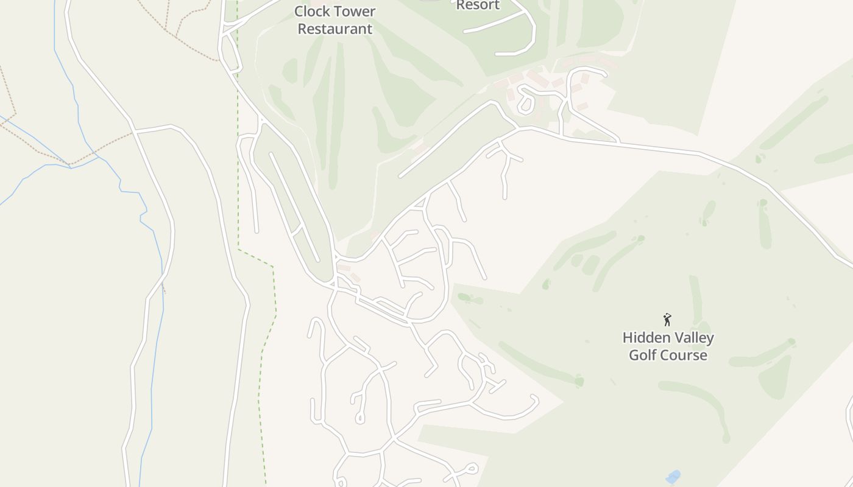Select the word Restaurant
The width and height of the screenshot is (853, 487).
pyautogui.click(x=334, y=29)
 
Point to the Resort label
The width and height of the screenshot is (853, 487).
pyautogui.click(x=478, y=5)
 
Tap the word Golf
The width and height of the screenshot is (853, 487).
pyautogui.click(x=643, y=355)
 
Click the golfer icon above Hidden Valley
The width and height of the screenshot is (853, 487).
pyautogui.click(x=667, y=320)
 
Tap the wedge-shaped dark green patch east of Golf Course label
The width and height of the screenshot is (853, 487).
pyautogui.click(x=775, y=377)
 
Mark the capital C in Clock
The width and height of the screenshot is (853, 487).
pyautogui.click(x=299, y=12)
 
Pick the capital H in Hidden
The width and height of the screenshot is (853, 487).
pyautogui.click(x=627, y=338)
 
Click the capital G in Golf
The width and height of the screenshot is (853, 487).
pyautogui.click(x=634, y=355)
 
